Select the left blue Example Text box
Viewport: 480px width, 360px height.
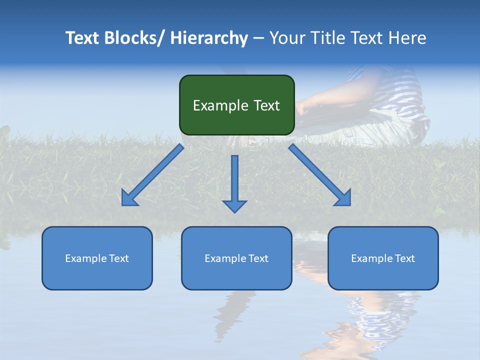click(97, 258)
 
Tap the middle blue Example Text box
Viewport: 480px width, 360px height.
click(236, 258)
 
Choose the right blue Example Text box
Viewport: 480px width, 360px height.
click(383, 258)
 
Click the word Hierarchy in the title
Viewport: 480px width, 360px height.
click(208, 38)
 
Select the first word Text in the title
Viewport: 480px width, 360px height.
click(83, 38)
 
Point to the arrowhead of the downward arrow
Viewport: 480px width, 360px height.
click(234, 205)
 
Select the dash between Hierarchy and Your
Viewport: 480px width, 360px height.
click(258, 38)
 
